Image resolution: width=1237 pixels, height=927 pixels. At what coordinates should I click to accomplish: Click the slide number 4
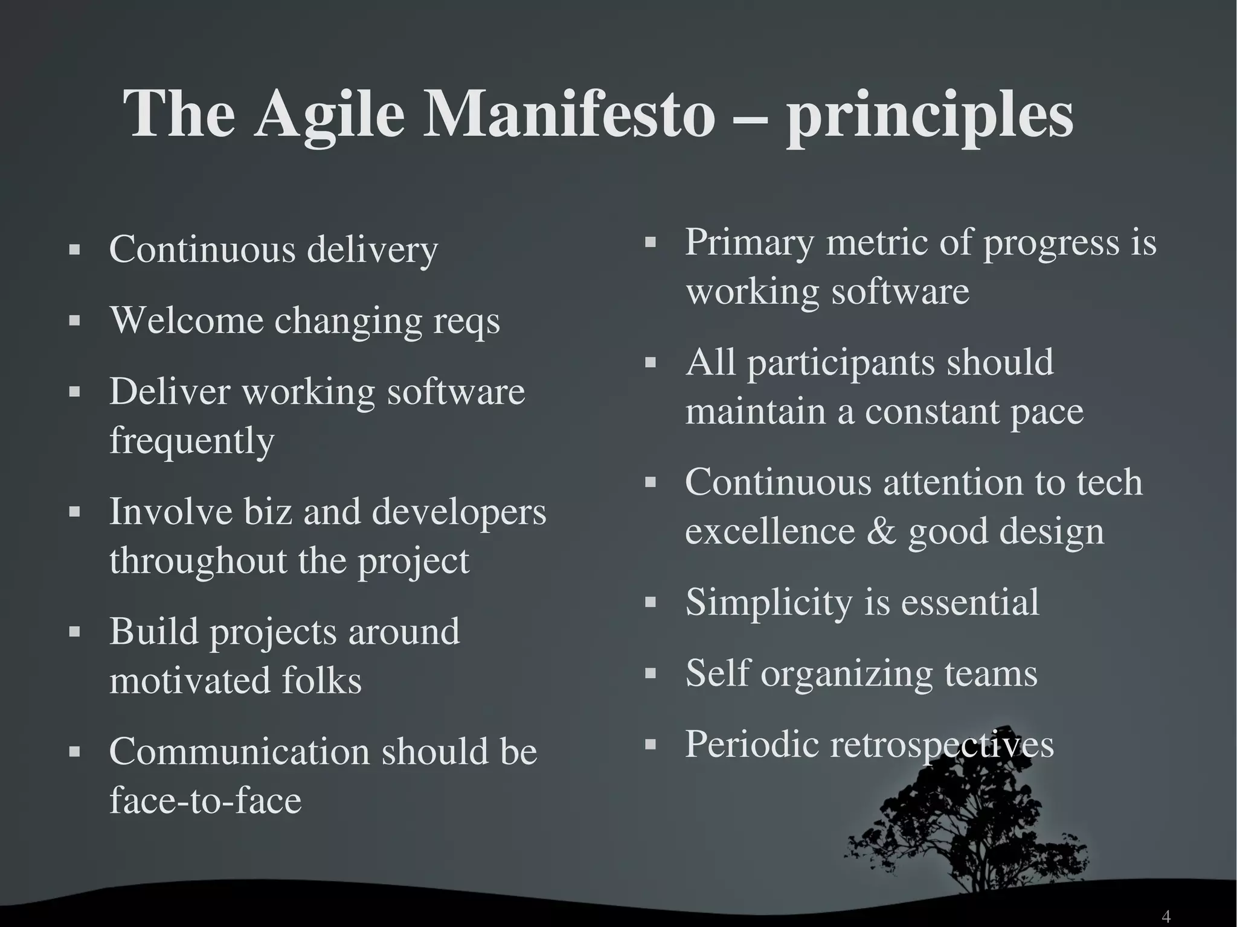click(1166, 916)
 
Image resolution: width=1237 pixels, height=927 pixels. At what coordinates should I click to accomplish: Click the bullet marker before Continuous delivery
click(74, 249)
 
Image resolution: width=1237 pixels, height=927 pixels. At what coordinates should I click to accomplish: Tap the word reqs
click(466, 321)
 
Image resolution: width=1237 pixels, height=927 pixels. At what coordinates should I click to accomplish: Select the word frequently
click(191, 441)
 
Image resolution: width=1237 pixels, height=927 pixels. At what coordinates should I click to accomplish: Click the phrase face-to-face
click(205, 800)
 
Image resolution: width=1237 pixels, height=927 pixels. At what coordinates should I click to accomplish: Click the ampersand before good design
click(881, 531)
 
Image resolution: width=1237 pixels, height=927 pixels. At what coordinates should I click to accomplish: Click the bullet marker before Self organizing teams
click(650, 673)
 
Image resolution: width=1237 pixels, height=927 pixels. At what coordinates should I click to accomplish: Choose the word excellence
click(770, 531)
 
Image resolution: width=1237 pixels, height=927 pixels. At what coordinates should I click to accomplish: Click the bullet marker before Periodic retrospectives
click(650, 744)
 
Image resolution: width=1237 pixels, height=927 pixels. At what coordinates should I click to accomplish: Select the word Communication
click(239, 752)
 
